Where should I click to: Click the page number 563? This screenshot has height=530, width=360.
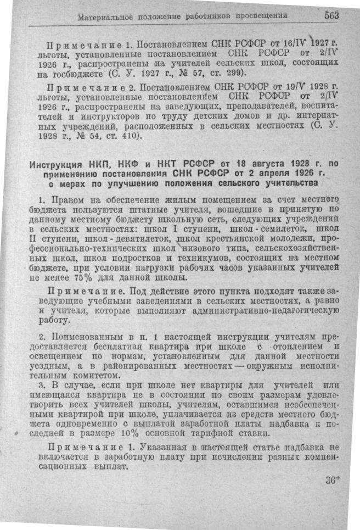[x=331, y=15]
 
